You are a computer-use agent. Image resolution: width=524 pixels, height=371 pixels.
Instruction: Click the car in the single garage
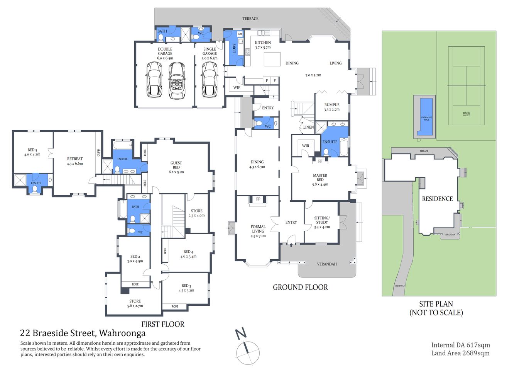[210, 80]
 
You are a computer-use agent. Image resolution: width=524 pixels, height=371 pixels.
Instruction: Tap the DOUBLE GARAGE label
[165, 51]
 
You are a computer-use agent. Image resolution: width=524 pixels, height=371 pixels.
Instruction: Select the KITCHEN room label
[263, 43]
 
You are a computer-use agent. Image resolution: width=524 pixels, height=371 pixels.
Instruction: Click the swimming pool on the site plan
[426, 117]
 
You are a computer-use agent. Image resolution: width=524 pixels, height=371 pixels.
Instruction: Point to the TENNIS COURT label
[466, 114]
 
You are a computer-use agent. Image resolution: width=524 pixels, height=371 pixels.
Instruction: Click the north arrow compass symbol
[246, 348]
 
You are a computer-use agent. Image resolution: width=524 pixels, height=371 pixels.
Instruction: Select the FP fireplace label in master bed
[320, 161]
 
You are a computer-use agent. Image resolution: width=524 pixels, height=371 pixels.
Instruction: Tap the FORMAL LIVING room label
[258, 229]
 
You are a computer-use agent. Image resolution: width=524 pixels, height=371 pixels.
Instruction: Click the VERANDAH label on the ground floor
[327, 264]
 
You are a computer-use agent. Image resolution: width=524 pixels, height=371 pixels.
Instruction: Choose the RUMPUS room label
[332, 105]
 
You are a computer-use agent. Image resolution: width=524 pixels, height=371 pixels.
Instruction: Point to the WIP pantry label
[237, 87]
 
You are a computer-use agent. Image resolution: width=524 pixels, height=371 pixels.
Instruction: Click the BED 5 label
[32, 150]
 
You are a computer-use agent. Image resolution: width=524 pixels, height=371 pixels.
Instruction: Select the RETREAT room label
[75, 159]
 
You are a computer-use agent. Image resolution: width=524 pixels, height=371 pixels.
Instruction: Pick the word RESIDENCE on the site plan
[437, 199]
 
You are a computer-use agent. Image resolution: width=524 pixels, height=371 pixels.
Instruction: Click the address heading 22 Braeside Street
[83, 333]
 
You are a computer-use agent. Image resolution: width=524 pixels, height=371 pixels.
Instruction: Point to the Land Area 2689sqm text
[460, 353]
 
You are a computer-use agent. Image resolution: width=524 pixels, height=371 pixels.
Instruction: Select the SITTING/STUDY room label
[322, 220]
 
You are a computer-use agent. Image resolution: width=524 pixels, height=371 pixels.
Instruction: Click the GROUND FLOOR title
[300, 287]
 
